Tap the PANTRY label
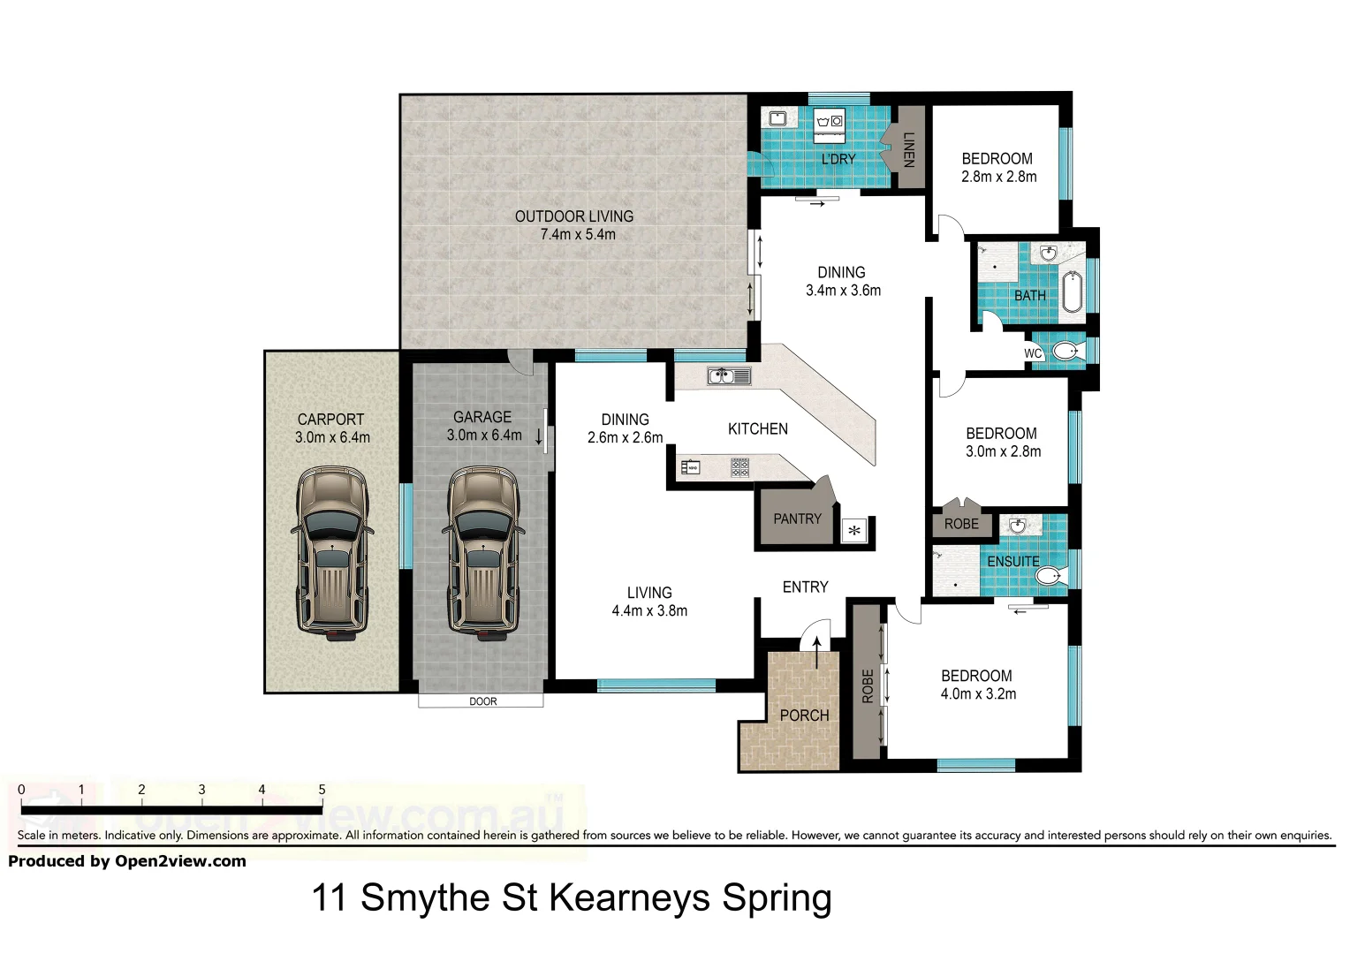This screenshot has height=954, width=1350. click(797, 519)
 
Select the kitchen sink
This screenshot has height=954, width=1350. click(729, 376)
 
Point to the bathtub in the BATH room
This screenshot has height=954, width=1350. click(1072, 292)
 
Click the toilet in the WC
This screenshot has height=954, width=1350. click(1066, 352)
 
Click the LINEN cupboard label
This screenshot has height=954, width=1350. click(908, 149)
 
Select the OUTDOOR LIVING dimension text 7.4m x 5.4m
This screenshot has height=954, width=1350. click(578, 235)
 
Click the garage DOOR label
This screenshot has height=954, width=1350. click(482, 701)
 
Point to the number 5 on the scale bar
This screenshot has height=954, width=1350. click(322, 790)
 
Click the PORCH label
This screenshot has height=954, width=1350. click(804, 715)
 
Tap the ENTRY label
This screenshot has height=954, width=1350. click(805, 587)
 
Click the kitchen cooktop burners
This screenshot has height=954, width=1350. click(739, 467)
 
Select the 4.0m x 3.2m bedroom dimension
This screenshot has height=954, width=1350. click(977, 694)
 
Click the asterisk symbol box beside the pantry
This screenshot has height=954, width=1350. click(854, 531)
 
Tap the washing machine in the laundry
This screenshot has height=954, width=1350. click(830, 121)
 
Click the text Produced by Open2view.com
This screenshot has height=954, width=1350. click(127, 861)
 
